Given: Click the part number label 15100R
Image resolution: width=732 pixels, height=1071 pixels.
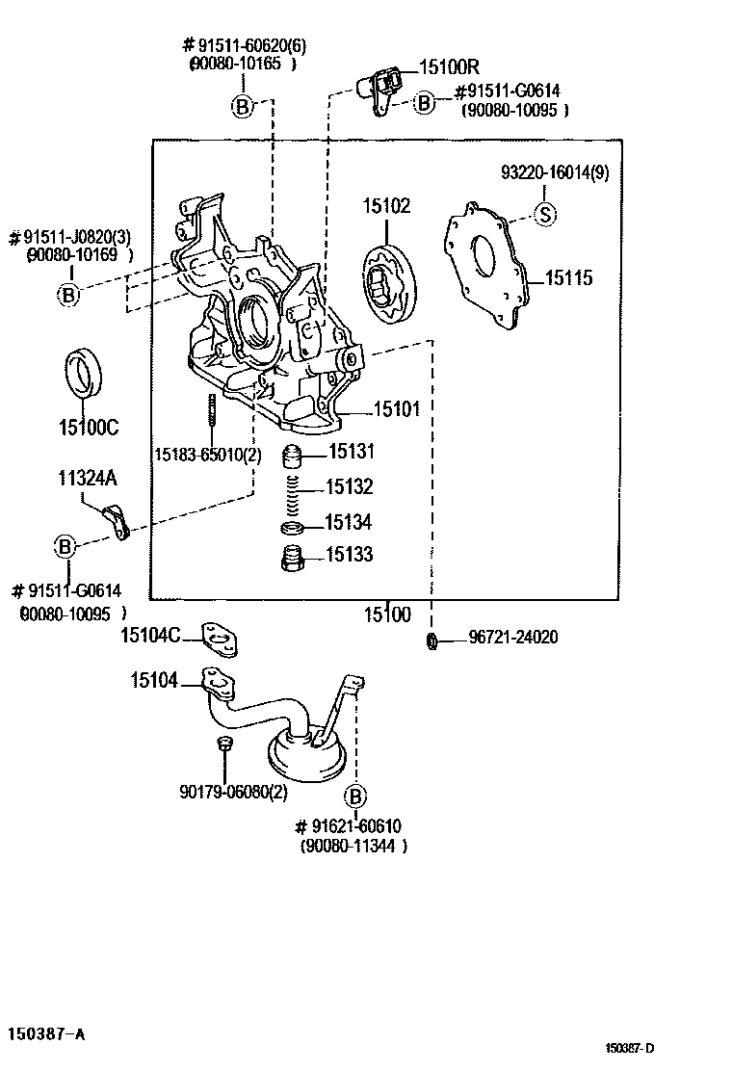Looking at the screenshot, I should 448,67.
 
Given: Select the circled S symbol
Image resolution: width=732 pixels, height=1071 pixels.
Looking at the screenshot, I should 545,214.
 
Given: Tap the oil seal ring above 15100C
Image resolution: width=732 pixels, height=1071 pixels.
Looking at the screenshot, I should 85,375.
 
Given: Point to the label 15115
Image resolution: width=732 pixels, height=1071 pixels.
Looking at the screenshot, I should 568,278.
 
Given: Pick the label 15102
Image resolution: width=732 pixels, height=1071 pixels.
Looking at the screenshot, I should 386,205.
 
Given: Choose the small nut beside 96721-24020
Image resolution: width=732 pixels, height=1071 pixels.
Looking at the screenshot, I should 432,640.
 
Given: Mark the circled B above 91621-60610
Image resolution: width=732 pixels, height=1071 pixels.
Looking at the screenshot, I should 354,796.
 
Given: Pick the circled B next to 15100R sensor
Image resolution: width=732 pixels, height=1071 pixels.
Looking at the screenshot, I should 424,102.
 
